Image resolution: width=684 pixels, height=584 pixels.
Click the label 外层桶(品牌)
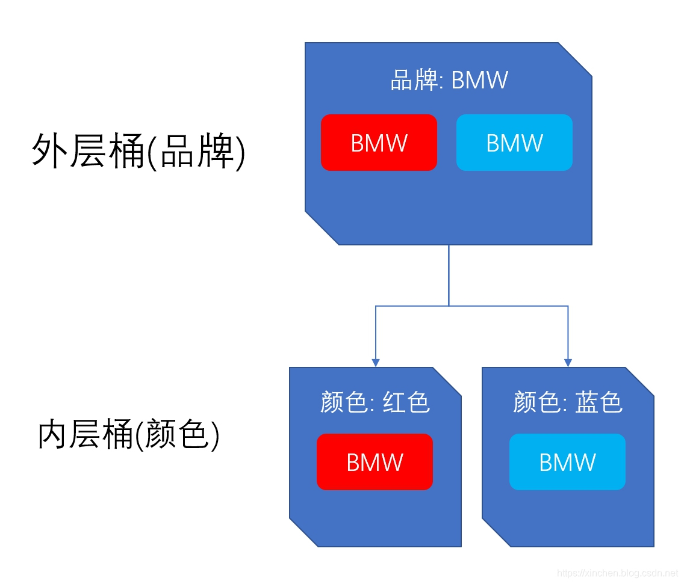tap(138, 150)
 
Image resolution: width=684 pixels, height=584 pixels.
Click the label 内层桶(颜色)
tap(129, 435)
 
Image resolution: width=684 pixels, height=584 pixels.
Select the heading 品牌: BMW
tap(449, 80)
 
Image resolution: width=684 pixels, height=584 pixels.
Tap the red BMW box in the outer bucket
tap(379, 143)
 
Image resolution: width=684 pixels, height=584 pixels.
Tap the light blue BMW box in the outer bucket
tap(514, 143)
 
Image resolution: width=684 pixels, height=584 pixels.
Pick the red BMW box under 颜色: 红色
tap(375, 462)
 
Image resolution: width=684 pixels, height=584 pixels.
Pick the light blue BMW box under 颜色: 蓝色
tap(567, 462)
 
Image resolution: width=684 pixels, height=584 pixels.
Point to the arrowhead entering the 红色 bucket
tap(376, 363)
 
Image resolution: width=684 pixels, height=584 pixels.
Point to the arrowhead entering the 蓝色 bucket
tap(568, 363)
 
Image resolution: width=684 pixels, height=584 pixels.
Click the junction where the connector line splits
tap(449, 306)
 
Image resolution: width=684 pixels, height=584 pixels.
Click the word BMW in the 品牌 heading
tap(479, 80)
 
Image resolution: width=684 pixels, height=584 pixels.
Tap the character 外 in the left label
tap(47, 150)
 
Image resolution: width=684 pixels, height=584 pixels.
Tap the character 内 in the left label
tap(53, 435)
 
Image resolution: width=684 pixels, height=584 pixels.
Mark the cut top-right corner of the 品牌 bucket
tap(576, 59)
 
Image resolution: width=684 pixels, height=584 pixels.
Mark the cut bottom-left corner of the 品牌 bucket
tap(322, 229)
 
